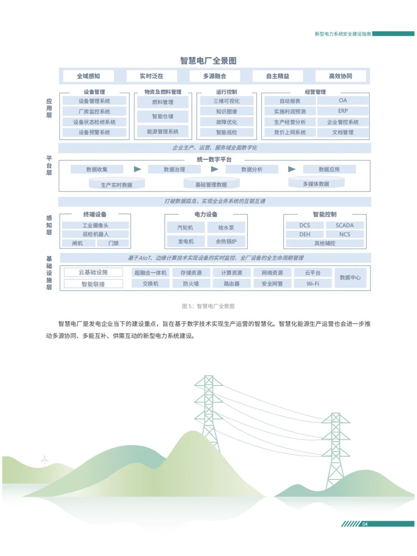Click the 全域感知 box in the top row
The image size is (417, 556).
[x=88, y=76]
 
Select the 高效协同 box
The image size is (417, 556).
[x=340, y=76]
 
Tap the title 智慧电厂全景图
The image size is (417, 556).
[x=208, y=61]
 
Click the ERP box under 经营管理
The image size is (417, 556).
[x=343, y=111]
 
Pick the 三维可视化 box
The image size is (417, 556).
[x=227, y=101]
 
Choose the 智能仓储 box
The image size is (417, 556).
[x=163, y=116]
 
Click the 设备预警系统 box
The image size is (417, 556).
[x=94, y=132]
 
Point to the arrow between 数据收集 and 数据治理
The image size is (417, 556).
[x=137, y=169]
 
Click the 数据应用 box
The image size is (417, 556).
[x=329, y=170]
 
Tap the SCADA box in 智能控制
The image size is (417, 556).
[x=344, y=225]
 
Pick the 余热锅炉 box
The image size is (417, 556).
[x=226, y=242]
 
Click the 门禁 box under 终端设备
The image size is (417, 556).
[x=114, y=243]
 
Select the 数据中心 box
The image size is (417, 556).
[x=350, y=278]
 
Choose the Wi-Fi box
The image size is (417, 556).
[x=313, y=284]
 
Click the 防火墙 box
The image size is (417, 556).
[x=191, y=284]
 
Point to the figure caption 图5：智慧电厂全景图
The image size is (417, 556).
[x=208, y=306]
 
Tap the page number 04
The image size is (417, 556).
[x=365, y=524]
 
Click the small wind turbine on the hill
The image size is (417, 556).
[x=44, y=460]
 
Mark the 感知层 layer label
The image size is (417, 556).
[x=49, y=225]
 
